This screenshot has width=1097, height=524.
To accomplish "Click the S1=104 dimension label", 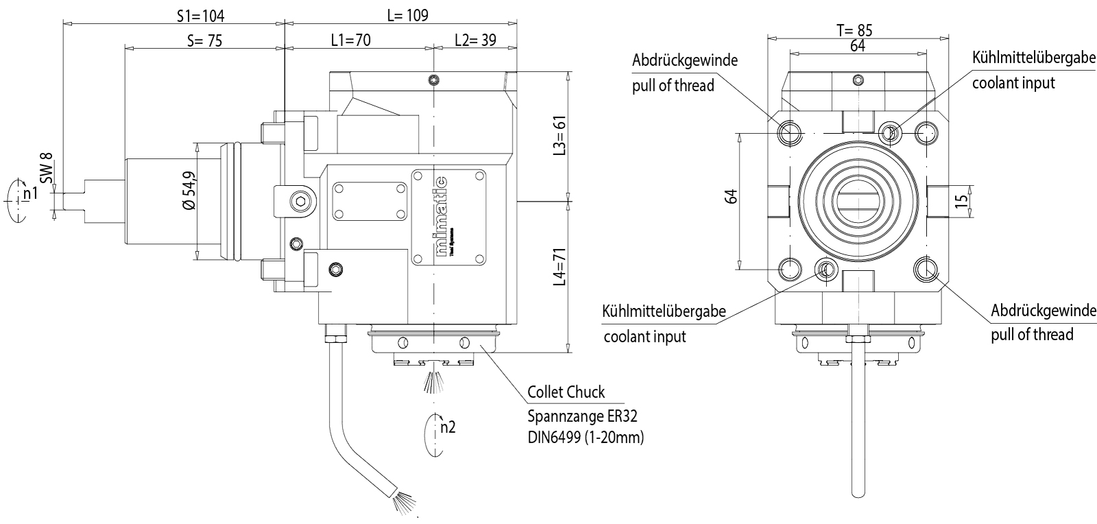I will [201, 15].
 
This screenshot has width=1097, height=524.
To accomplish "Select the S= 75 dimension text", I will [204, 40].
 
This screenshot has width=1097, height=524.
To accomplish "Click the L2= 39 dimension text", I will [475, 40].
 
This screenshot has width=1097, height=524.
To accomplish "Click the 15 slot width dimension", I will [961, 200].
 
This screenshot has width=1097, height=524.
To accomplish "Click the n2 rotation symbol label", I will [448, 427].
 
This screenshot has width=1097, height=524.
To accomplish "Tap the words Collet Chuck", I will [566, 392].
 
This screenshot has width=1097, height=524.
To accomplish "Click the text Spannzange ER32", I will [577, 416].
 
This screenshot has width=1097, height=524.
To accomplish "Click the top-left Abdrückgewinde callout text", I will [684, 60].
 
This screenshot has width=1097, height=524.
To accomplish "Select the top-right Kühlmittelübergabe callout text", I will [1034, 58].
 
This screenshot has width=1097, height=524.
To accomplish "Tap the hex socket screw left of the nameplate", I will [300, 201].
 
